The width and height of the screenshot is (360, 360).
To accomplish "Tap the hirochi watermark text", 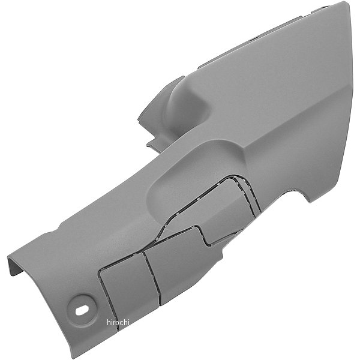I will (x=118, y=323).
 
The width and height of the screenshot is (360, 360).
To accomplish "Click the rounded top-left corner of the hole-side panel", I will (x=103, y=267).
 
